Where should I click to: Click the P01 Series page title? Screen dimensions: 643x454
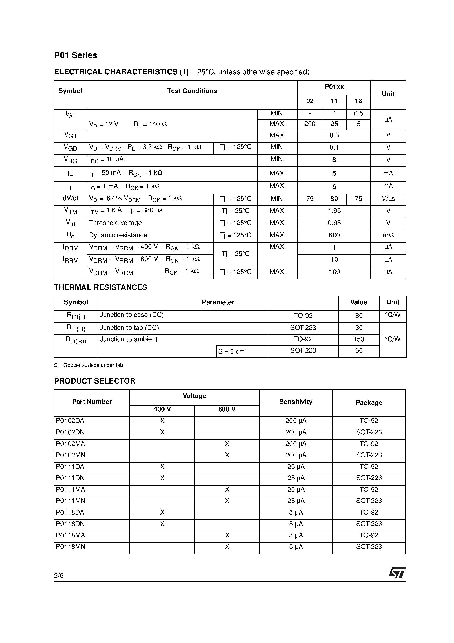pos(76,55)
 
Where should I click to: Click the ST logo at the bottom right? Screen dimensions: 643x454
pos(397,573)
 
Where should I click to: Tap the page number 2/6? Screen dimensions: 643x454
pos(59,575)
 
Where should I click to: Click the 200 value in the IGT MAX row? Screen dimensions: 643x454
pos(310,124)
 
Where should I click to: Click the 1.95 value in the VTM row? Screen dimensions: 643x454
pos(334,211)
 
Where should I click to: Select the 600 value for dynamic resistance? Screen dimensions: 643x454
pos(334,235)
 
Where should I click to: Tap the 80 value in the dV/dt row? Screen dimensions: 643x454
pos(334,199)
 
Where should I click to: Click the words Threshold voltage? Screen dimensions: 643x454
pos(115,223)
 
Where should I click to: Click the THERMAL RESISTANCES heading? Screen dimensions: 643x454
pos(100,287)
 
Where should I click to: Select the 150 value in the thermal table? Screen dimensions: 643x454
pos(359,340)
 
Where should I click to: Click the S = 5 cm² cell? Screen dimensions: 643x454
pos(232,351)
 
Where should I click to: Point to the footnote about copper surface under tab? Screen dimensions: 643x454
pos(89,365)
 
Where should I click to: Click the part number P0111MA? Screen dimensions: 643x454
pos(71,490)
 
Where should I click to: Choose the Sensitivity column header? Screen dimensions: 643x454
pos(296,402)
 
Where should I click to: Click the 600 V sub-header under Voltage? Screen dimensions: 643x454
pos(227,409)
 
